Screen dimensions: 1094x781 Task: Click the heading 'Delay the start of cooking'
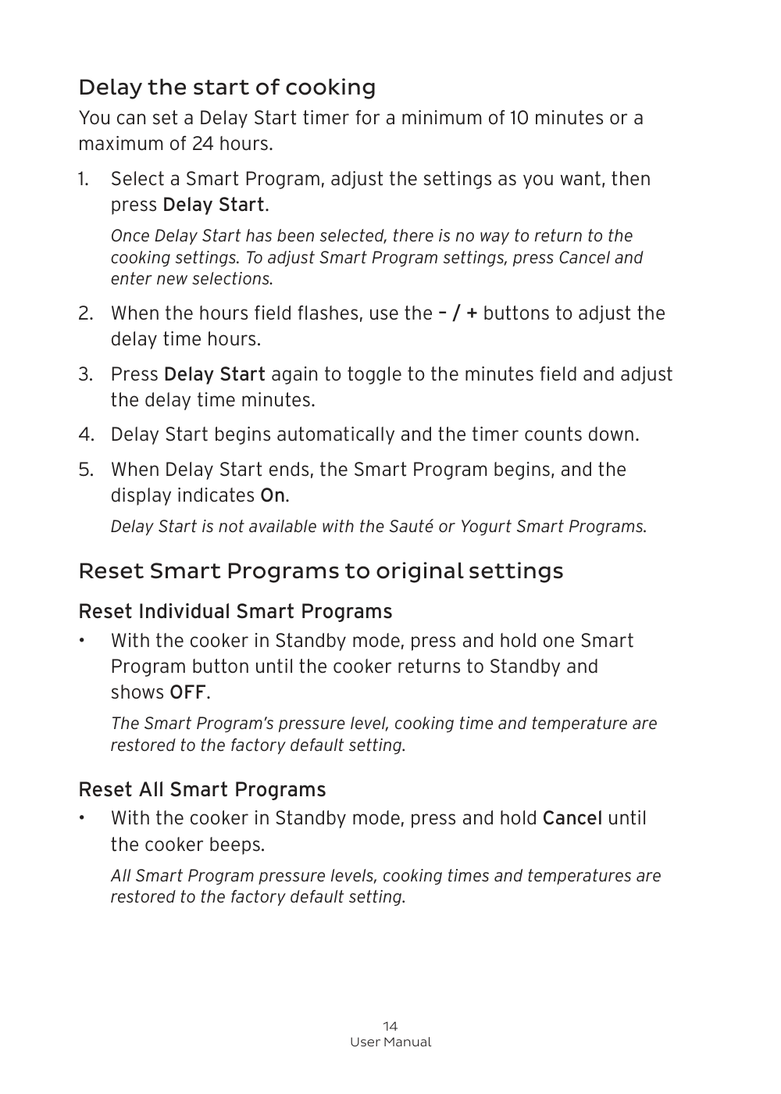(x=226, y=87)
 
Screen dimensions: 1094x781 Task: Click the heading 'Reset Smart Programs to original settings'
(x=320, y=571)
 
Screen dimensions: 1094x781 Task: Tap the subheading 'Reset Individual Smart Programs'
(x=235, y=611)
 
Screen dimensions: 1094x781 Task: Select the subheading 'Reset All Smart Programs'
(x=202, y=789)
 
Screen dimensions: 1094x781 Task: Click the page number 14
(x=390, y=1026)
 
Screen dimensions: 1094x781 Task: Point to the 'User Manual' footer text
(x=390, y=1042)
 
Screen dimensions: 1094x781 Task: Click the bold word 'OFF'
(x=187, y=692)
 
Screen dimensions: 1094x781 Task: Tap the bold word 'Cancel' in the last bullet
(x=572, y=818)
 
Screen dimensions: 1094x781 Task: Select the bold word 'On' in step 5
(x=273, y=495)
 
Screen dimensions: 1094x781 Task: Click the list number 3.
(x=85, y=374)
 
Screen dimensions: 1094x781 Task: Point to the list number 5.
(x=85, y=470)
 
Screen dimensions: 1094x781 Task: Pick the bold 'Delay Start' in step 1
(x=213, y=205)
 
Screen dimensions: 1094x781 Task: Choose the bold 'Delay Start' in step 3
(x=215, y=374)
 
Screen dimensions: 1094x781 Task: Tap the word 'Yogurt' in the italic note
(x=485, y=527)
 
